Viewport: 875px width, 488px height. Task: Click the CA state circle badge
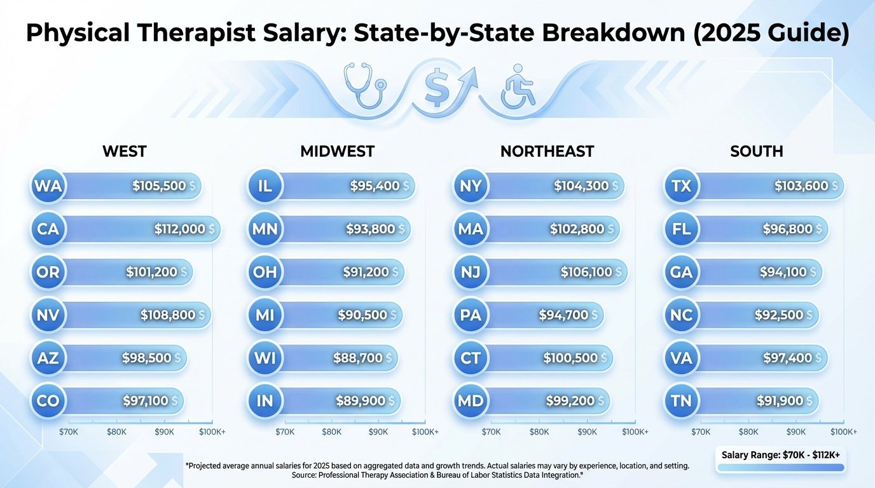(x=48, y=229)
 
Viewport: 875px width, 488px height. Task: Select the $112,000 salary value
(x=180, y=229)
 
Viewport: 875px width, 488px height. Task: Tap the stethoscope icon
(x=363, y=85)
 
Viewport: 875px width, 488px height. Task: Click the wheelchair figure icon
(x=518, y=85)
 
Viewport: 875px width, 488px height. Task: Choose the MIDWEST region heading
(x=337, y=152)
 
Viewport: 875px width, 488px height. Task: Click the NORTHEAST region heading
(x=547, y=152)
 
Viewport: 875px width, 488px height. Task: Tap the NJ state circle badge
(x=471, y=273)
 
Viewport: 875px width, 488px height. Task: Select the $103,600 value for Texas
(x=801, y=186)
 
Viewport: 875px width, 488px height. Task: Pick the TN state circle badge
(x=682, y=401)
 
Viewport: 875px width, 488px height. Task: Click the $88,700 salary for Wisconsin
(x=358, y=358)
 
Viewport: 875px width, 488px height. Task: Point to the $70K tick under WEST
(x=68, y=432)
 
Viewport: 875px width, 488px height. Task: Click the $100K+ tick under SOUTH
(x=843, y=432)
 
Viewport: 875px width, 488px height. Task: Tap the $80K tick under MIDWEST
(x=331, y=432)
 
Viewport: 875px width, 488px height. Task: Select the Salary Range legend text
(x=780, y=455)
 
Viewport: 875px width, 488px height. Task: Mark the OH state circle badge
(x=264, y=273)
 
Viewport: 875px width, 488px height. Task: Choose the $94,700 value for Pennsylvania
(x=563, y=315)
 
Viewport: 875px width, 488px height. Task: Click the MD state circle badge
(x=471, y=401)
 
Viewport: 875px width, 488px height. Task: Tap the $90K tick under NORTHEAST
(x=587, y=432)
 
